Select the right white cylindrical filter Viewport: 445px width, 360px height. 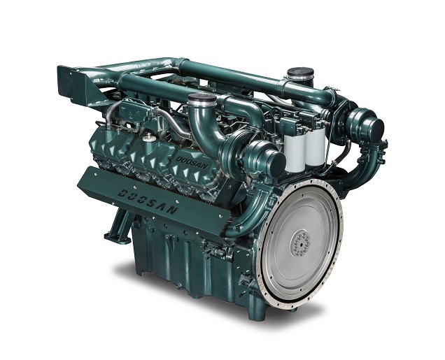315,147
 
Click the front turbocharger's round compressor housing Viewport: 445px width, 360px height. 267,160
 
